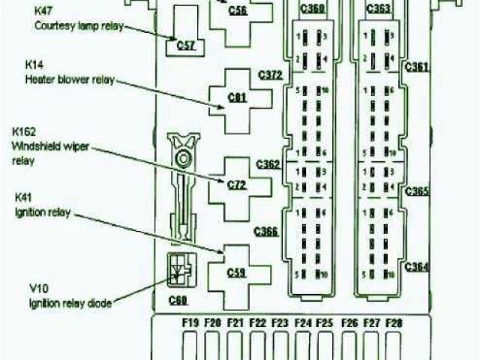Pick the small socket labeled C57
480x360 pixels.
coord(185,45)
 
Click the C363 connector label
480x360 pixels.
coord(378,9)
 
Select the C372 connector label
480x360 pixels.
coord(268,75)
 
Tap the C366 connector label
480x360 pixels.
coord(266,232)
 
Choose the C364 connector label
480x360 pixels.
coord(417,267)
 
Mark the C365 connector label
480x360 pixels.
coord(417,192)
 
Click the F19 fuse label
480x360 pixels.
coord(190,322)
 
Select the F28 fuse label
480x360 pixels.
coord(394,322)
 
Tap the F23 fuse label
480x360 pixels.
coord(280,322)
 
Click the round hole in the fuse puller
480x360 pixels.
coord(181,158)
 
